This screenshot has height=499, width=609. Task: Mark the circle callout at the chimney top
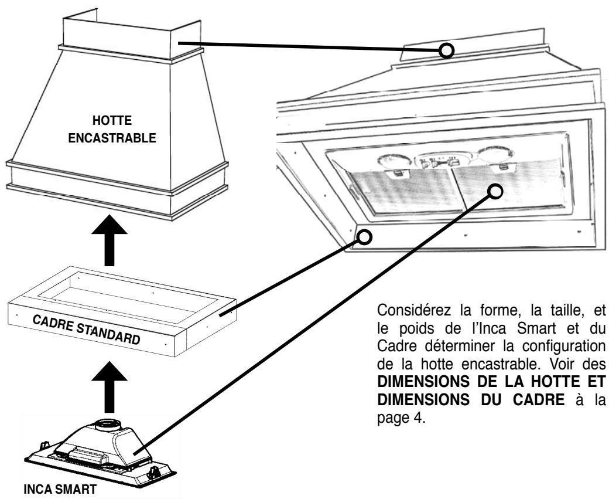[x=447, y=51]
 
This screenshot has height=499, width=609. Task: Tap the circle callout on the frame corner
[x=364, y=237]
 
